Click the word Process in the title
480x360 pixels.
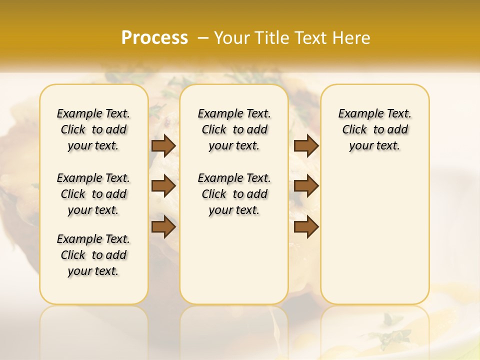154,38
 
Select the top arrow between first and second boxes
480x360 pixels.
163,145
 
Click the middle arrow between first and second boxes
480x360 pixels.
163,186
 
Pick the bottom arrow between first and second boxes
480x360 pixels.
163,226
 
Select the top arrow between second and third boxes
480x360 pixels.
306,145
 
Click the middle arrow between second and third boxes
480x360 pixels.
306,186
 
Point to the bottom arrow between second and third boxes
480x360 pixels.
306,226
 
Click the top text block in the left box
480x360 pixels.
93,129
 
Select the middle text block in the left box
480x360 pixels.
93,194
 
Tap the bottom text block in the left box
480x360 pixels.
93,255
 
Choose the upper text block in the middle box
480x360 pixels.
234,129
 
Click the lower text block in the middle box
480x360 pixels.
234,194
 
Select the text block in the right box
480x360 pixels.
375,129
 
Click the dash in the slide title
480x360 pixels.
203,38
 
